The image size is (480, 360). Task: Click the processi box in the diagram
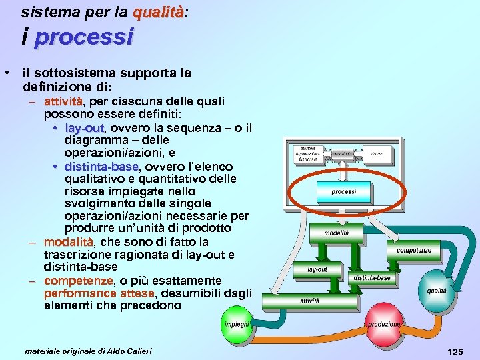(343, 192)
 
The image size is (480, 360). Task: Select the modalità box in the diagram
(336, 233)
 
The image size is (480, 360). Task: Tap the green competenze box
(414, 251)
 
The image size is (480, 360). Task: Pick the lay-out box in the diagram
(317, 269)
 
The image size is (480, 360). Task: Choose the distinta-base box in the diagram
(372, 277)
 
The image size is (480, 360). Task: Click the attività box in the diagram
(309, 301)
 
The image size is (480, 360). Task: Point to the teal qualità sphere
(437, 291)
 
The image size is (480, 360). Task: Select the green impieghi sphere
(237, 324)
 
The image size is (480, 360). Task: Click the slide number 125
(455, 351)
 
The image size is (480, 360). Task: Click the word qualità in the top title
(157, 12)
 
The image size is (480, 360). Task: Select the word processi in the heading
(83, 37)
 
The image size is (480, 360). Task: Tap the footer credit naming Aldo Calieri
(88, 351)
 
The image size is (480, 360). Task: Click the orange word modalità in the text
(69, 242)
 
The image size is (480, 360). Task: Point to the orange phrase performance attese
(99, 293)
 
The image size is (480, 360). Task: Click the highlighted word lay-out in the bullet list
(85, 128)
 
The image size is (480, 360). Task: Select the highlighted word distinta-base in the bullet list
(101, 166)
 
